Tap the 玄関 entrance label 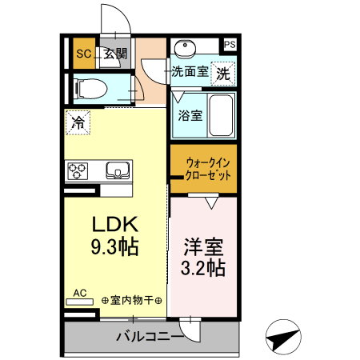pyautogui.click(x=114, y=54)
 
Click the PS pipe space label pyautogui.click(x=230, y=46)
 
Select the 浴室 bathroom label pyautogui.click(x=190, y=114)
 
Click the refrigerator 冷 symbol pyautogui.click(x=78, y=122)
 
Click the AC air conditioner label pyautogui.click(x=81, y=294)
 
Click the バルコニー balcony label pyautogui.click(x=148, y=337)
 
